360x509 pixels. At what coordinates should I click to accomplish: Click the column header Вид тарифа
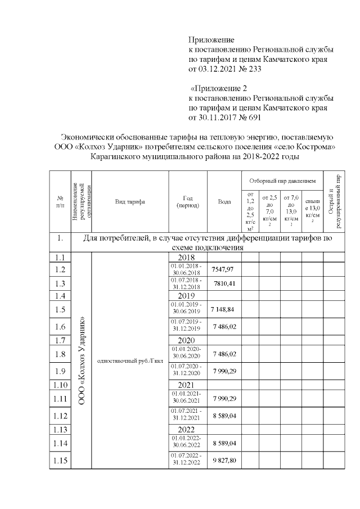(130, 201)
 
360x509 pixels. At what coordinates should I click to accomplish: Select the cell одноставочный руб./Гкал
(130, 361)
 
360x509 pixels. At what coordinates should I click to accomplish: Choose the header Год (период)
(188, 201)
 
